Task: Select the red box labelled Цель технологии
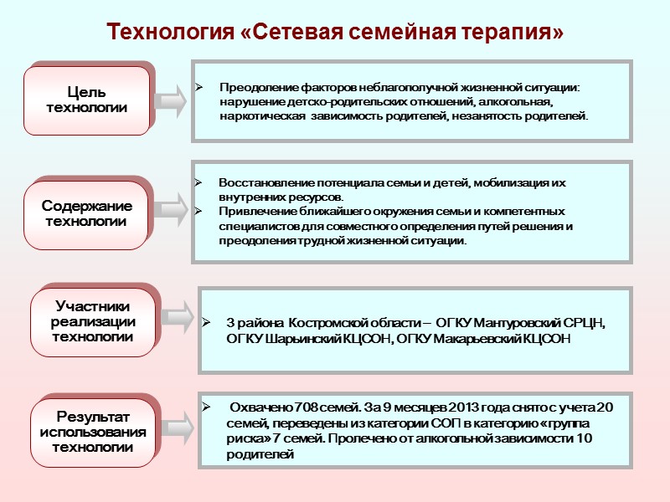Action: click(x=87, y=100)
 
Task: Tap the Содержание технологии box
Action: click(x=87, y=214)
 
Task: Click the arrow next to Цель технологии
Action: click(x=173, y=100)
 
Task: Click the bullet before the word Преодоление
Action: click(x=199, y=87)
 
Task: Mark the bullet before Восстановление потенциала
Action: click(x=198, y=182)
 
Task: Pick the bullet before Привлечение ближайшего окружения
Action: click(x=198, y=211)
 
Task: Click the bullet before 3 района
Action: click(x=207, y=323)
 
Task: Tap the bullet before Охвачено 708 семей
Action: click(x=208, y=407)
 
